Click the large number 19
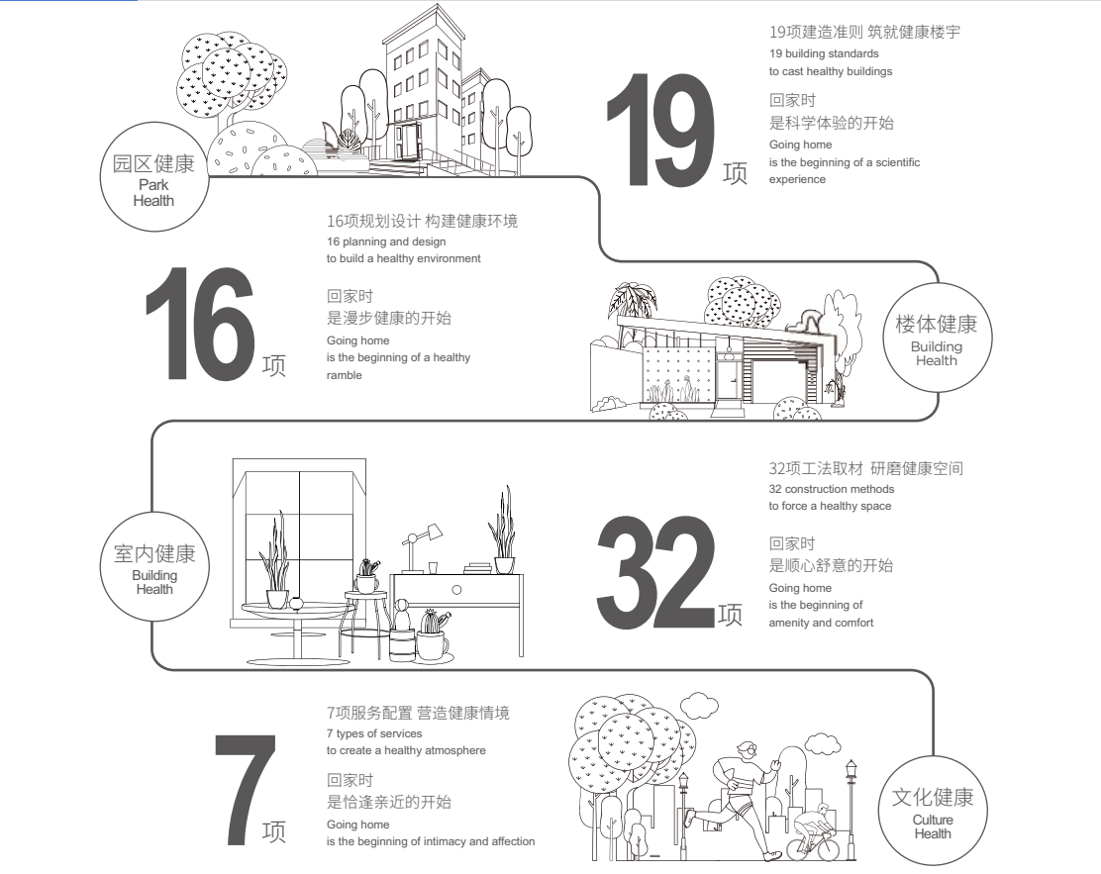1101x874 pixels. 660,131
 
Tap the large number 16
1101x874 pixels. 199,324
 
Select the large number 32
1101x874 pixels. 655,572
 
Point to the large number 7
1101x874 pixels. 245,790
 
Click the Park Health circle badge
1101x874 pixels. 153,176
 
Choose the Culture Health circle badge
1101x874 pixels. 933,812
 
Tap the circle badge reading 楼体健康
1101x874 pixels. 937,337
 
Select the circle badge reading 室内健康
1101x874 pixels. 153,566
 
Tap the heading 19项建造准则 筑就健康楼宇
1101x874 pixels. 864,32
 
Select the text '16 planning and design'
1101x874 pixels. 386,242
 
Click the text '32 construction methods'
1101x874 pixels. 832,489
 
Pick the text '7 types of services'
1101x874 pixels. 374,732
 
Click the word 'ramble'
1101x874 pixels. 345,375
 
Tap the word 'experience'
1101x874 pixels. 797,179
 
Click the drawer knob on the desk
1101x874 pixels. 456,590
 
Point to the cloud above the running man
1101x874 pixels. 699,704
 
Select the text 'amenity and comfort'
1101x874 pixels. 821,623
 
